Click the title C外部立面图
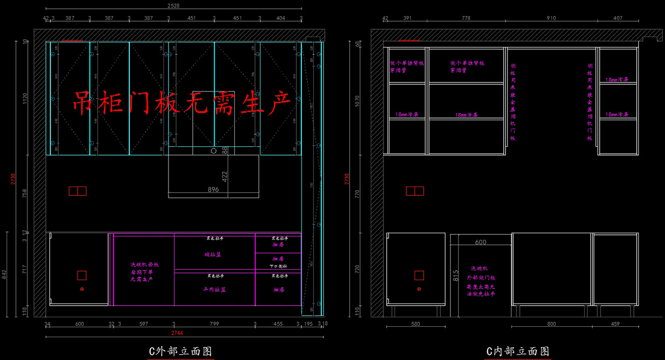[x=181, y=351]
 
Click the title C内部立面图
[x=518, y=351]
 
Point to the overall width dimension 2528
[x=173, y=6]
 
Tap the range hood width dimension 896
[x=213, y=189]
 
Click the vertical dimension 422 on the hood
[x=225, y=176]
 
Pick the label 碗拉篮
[x=212, y=255]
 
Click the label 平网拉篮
[x=214, y=290]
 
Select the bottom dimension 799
[x=214, y=324]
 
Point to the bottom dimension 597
[x=143, y=324]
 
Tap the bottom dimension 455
[x=278, y=324]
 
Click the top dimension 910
[x=551, y=18]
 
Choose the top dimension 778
[x=465, y=18]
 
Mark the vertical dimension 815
[x=454, y=275]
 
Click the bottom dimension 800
[x=551, y=324]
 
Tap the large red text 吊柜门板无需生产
[x=182, y=104]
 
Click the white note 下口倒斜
[x=278, y=266]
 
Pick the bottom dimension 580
[x=416, y=324]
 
